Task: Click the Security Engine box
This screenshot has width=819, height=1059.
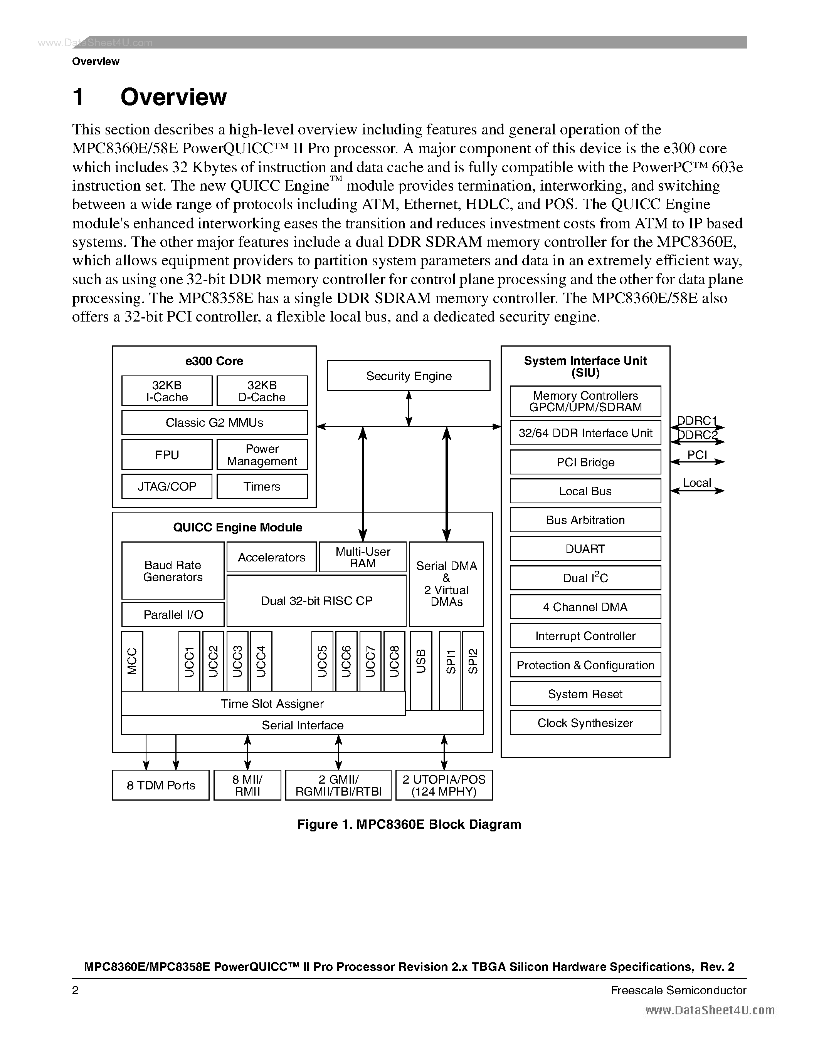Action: [x=409, y=376]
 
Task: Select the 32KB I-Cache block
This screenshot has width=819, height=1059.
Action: [x=166, y=391]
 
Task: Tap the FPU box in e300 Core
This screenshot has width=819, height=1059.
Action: [x=166, y=455]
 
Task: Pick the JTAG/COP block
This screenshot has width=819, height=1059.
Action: [x=166, y=486]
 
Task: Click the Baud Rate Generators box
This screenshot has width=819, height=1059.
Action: [x=173, y=571]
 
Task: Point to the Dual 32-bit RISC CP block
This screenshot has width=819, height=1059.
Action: [x=316, y=601]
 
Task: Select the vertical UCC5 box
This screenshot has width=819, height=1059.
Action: [x=322, y=661]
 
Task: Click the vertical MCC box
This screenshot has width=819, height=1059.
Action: [x=132, y=661]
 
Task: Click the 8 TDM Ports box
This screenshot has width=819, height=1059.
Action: [x=161, y=785]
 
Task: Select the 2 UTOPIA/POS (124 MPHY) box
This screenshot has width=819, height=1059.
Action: [x=444, y=785]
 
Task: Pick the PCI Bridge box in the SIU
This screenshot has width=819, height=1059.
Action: [x=585, y=462]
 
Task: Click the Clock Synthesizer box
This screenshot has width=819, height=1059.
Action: [x=585, y=723]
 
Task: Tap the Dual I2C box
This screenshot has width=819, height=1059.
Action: [x=585, y=578]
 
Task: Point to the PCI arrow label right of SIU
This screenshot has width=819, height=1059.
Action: [x=697, y=455]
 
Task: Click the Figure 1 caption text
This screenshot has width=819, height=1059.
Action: [x=409, y=824]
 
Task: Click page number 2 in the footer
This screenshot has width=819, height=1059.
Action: [x=75, y=990]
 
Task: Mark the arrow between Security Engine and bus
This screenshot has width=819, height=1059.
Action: [x=409, y=409]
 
